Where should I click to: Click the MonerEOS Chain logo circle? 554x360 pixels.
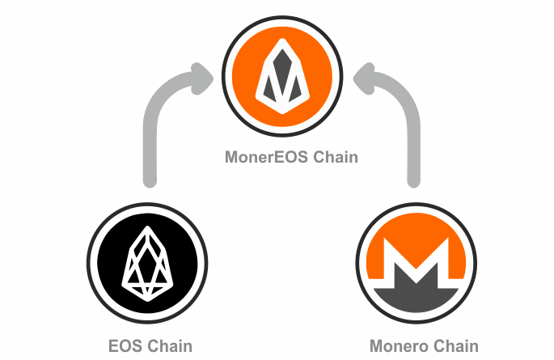[282, 76]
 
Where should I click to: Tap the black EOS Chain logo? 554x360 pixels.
[147, 263]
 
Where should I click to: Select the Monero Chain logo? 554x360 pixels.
[417, 263]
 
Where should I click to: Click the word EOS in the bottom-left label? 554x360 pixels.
[125, 346]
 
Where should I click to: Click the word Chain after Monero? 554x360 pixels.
[456, 346]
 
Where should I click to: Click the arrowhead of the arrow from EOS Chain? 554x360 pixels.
[202, 78]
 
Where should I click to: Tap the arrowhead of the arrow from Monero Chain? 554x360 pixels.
[364, 78]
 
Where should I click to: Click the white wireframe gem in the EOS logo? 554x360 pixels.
[147, 264]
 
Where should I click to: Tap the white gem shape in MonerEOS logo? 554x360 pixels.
[282, 76]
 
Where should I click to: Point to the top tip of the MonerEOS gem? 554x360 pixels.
[282, 39]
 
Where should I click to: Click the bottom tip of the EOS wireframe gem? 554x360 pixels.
[147, 301]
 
